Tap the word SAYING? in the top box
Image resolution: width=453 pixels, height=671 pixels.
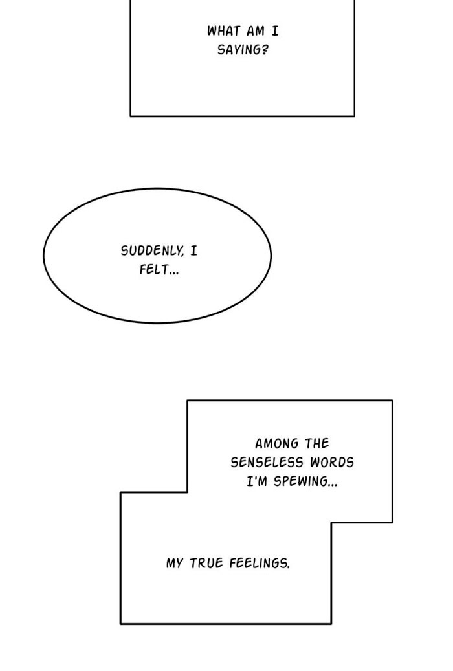click(x=243, y=50)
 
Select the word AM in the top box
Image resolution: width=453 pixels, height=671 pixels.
click(x=256, y=31)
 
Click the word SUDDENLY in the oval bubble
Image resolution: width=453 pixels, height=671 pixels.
click(x=152, y=250)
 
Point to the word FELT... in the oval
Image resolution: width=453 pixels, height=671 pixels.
click(x=159, y=270)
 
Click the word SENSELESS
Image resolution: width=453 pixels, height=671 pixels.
click(x=267, y=462)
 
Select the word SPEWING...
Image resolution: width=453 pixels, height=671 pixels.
click(x=300, y=482)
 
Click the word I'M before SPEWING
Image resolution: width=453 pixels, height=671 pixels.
click(x=257, y=481)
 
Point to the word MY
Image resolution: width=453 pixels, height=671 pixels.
click(x=175, y=563)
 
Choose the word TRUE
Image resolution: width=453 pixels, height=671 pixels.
click(x=206, y=563)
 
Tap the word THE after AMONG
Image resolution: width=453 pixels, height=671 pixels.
click(x=317, y=443)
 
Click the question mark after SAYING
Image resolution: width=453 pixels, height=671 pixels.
click(x=265, y=50)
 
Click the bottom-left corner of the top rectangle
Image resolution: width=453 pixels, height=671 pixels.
click(x=130, y=116)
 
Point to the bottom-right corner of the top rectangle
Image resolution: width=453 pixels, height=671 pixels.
click(x=355, y=116)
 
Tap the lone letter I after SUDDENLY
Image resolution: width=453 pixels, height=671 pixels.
click(x=193, y=250)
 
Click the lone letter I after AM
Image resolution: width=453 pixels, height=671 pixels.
click(x=274, y=31)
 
